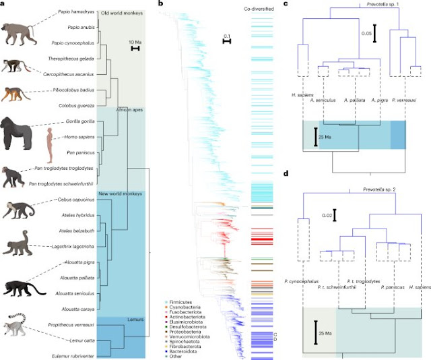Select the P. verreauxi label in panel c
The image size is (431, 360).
pyautogui.click(x=406, y=97)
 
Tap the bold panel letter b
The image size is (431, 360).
pyautogui.click(x=160, y=5)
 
